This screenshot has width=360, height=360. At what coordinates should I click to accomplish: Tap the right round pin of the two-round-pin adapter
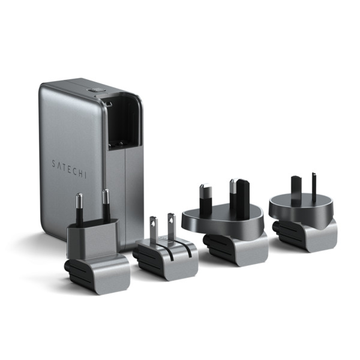[x=105, y=205]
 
